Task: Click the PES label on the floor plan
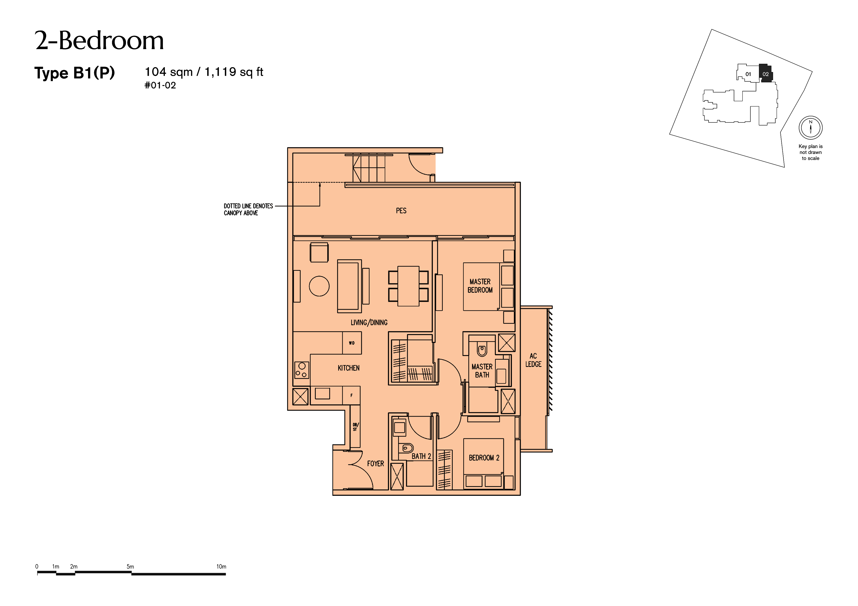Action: (401, 211)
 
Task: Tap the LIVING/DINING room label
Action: (369, 323)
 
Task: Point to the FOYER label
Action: (375, 464)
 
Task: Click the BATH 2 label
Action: (421, 456)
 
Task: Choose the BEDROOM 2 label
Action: (484, 458)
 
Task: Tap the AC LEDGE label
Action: (533, 360)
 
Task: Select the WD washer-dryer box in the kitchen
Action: (352, 343)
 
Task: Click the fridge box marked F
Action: (351, 395)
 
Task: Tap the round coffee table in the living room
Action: (319, 286)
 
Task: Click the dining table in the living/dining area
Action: (408, 286)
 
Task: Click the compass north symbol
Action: (811, 128)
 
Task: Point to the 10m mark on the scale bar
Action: (221, 566)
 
